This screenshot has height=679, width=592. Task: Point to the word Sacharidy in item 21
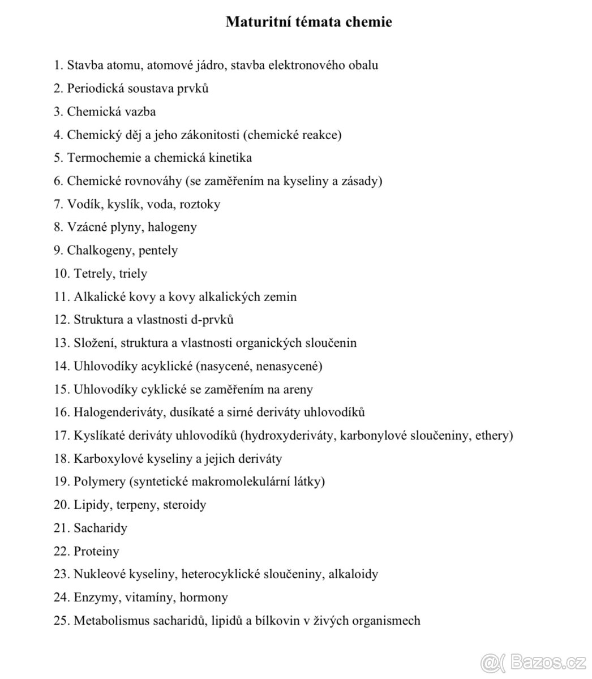coord(100,528)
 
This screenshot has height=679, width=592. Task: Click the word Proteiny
coord(96,551)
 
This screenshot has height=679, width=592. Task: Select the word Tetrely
coord(93,273)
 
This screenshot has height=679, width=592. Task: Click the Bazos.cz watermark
coord(531,660)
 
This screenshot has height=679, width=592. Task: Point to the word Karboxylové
coord(107,459)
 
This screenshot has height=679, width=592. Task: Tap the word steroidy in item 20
coord(185,505)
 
